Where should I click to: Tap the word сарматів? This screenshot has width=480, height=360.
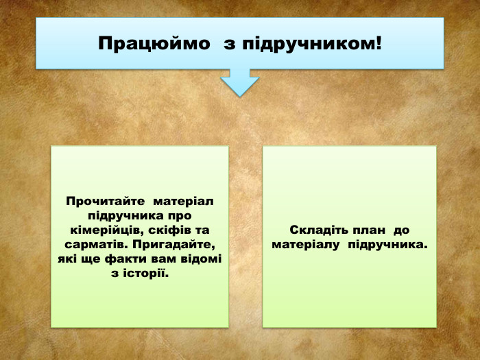tap(94, 245)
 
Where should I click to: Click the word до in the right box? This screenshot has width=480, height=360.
tap(401, 230)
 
